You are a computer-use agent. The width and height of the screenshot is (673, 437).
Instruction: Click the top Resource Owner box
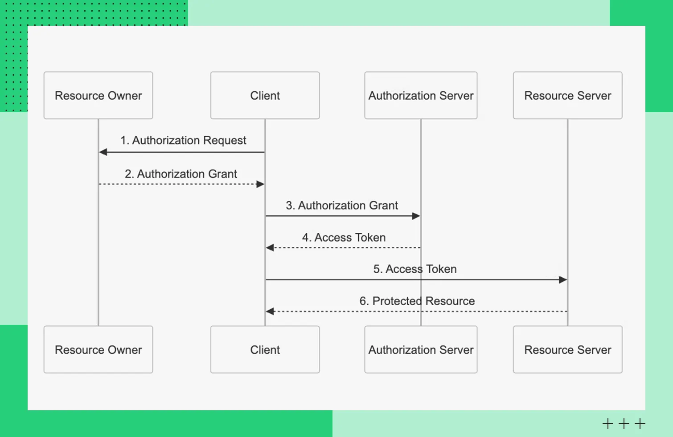point(98,96)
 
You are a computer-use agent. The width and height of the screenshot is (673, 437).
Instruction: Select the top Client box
point(265,96)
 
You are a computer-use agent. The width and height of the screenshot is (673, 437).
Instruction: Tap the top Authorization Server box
point(421,96)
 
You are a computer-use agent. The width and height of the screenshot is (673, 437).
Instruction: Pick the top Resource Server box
point(567,96)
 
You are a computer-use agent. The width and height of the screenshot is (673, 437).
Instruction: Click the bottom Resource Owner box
point(98,350)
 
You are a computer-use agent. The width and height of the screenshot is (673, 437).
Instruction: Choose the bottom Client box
point(265,350)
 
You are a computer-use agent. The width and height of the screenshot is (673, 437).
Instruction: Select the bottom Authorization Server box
point(421,350)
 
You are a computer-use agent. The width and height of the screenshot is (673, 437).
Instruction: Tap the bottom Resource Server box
point(567,350)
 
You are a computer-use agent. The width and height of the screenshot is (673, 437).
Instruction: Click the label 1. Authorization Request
point(183,141)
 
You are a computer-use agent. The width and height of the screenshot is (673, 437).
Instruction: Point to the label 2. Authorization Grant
point(181,174)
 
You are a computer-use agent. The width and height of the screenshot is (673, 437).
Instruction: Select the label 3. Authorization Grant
point(342,206)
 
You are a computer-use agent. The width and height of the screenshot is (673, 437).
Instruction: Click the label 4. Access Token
point(344,238)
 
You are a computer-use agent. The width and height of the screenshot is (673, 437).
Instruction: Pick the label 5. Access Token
point(415,269)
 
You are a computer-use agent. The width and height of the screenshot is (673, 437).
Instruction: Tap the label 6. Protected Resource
point(417,301)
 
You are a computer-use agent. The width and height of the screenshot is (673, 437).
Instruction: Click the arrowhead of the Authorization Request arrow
point(103,152)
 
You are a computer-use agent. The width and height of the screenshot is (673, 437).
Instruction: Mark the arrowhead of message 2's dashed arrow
point(260,184)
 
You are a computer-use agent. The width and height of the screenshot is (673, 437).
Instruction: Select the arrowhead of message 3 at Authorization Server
point(416,216)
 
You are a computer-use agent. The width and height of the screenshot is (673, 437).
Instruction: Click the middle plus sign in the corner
point(624,424)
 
